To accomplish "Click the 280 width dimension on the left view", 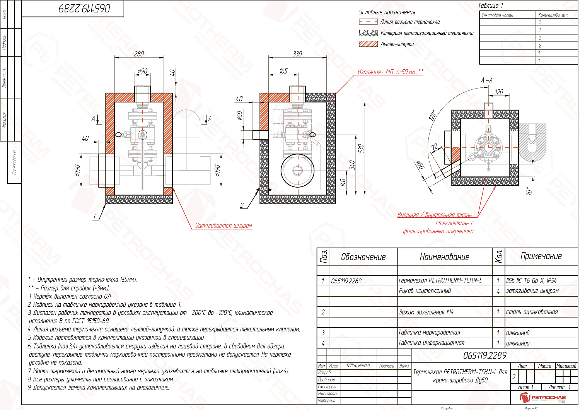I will [x=139, y=54].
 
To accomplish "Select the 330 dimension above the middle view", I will [x=297, y=54].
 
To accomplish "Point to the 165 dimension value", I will [x=283, y=71].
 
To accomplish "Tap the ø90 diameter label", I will [x=142, y=71].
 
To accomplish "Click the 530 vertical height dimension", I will [x=361, y=149].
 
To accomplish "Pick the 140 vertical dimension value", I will [x=343, y=183].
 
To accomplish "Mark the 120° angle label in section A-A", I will [x=433, y=115].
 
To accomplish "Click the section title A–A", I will [x=486, y=80].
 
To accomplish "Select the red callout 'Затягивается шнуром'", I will [x=223, y=226].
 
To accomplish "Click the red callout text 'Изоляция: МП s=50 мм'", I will [x=390, y=72].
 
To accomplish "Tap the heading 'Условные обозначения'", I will [x=387, y=12].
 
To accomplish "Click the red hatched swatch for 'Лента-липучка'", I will [x=368, y=44].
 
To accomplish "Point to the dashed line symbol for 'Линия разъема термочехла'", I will [x=368, y=22].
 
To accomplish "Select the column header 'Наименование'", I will [x=444, y=257].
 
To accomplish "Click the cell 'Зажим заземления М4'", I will [x=426, y=312].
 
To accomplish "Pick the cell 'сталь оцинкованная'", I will [x=532, y=312].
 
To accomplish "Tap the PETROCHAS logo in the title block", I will [x=543, y=398].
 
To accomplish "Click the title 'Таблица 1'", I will [x=490, y=5].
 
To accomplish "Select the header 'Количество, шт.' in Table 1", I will [x=553, y=15].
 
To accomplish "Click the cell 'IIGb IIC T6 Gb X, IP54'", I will [x=531, y=281].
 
